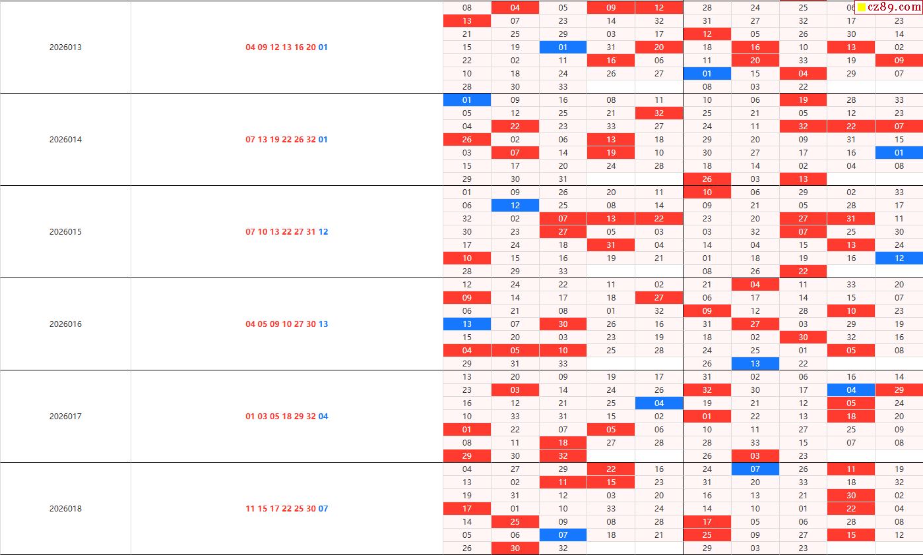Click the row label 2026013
coord(65,47)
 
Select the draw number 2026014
coord(65,140)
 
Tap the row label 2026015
coord(65,232)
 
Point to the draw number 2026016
coord(65,324)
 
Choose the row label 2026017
coord(65,417)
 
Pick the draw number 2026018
coord(65,509)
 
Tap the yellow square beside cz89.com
coord(862,8)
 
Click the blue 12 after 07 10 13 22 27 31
coord(323,232)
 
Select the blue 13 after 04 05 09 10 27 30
coord(323,324)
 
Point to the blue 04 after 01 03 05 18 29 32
coord(323,417)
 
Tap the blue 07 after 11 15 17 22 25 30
coord(323,509)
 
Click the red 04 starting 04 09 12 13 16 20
coord(250,47)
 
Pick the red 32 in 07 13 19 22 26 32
coord(311,140)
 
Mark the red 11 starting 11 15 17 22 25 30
coord(250,509)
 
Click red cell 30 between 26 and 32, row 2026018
coord(515,548)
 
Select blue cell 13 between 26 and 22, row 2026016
coord(755,363)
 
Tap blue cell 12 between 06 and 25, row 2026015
coord(515,205)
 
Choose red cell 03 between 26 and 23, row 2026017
coord(755,455)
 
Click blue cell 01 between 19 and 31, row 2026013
coord(563,47)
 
